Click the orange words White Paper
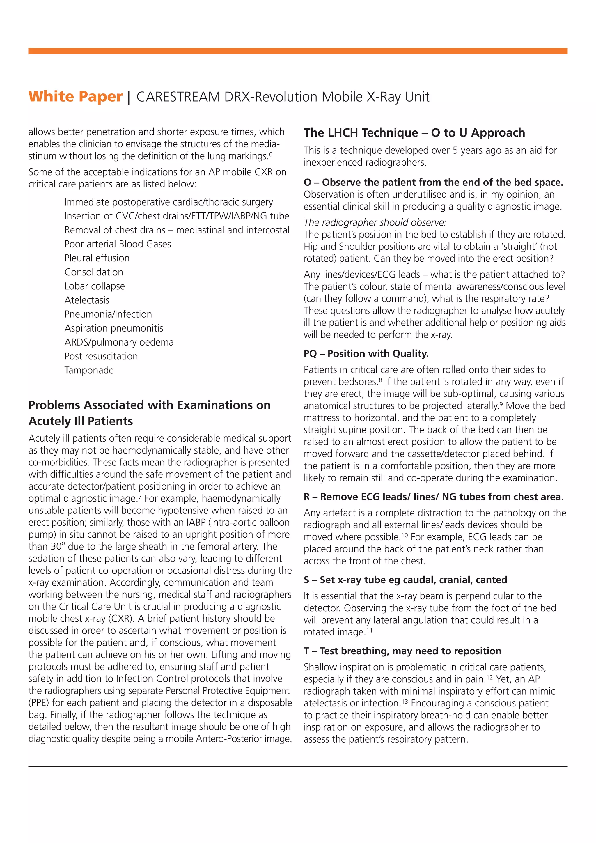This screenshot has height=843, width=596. [x=75, y=97]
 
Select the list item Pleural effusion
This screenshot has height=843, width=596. [x=97, y=258]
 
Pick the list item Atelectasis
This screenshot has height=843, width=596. [x=87, y=300]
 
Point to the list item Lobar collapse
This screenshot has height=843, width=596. [x=94, y=286]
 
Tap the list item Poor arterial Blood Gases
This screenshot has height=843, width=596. [x=118, y=244]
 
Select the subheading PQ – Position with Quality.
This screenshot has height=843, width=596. [x=366, y=354]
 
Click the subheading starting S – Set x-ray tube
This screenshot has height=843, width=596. [x=405, y=580]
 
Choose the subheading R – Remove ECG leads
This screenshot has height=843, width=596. [x=433, y=497]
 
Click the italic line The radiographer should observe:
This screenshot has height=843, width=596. [x=375, y=222]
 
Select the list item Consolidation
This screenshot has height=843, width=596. [x=94, y=272]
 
